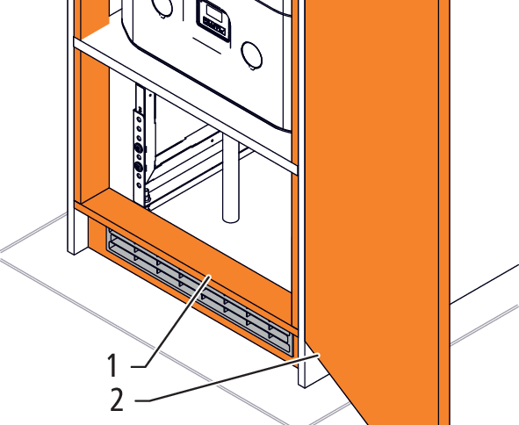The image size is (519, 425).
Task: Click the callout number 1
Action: [x=113, y=364]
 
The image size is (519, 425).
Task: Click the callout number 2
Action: [x=117, y=400]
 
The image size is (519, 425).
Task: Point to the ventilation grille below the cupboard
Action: [x=199, y=292]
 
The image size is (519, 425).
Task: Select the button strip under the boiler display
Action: [x=214, y=26]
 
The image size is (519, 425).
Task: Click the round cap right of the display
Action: [x=252, y=55]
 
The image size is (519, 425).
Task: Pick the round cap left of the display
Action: [x=162, y=7]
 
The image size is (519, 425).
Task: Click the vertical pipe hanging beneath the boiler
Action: [x=231, y=178]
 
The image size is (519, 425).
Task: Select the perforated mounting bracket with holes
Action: [x=139, y=152]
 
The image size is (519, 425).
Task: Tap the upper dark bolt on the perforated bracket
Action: [x=139, y=148]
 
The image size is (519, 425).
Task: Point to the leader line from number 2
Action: [x=227, y=378]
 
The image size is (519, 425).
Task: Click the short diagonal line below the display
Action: [x=207, y=46]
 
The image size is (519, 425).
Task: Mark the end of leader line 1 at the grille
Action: [x=210, y=277]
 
